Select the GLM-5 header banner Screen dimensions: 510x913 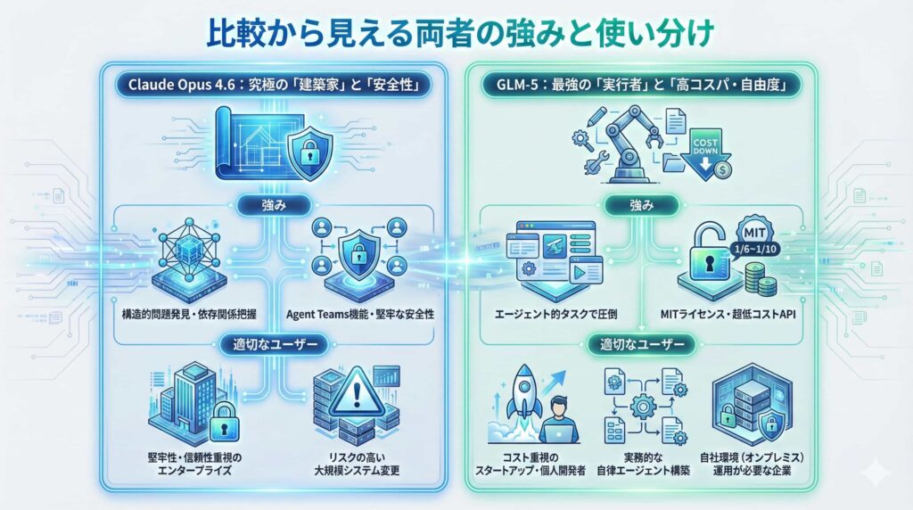point(641,86)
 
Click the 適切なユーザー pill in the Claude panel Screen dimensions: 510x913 point(269,343)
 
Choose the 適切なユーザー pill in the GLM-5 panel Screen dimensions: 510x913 point(640,343)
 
